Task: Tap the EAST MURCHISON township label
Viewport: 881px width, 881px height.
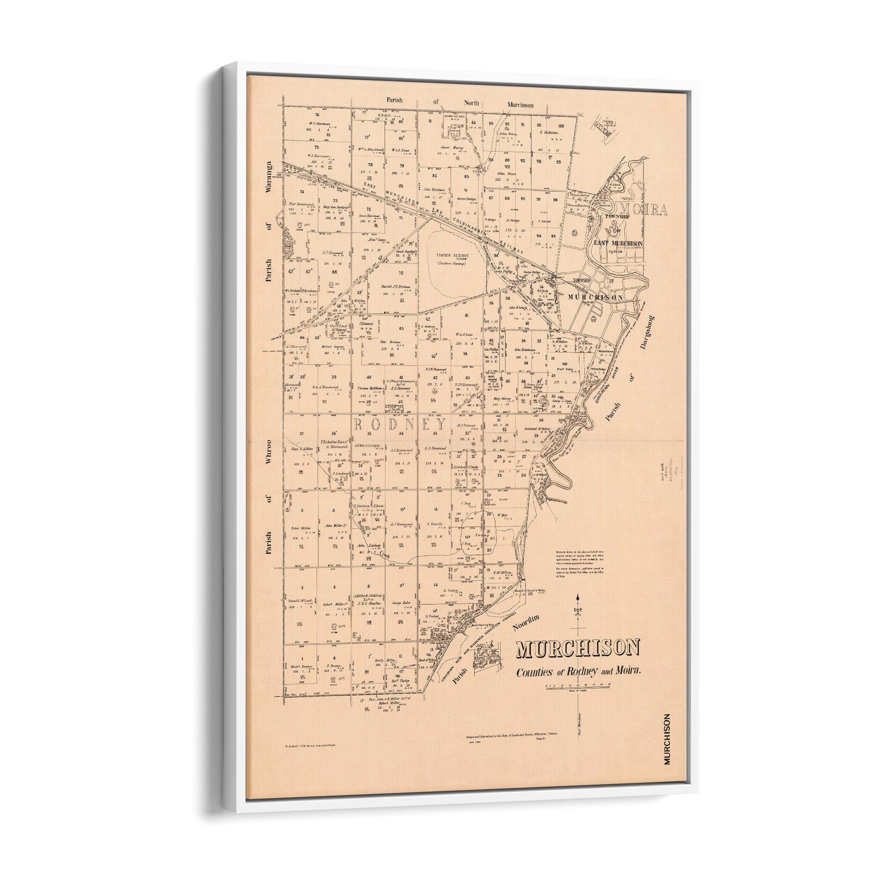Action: pyautogui.click(x=618, y=244)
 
